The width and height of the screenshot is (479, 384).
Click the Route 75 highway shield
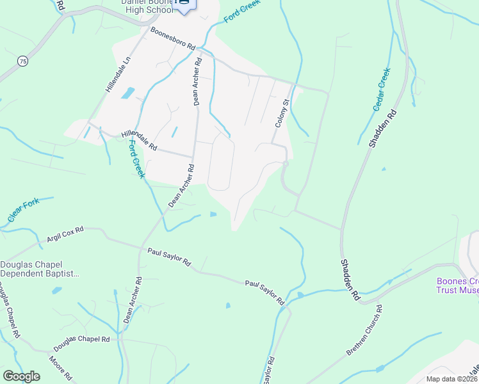[x=23, y=61]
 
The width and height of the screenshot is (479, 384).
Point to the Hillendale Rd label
[x=139, y=141]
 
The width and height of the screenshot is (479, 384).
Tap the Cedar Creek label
[x=382, y=90]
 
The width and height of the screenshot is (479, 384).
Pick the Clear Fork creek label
[x=24, y=211]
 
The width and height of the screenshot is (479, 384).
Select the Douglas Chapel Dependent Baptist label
[x=40, y=269]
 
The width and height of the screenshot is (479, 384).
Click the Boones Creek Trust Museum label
[x=457, y=285]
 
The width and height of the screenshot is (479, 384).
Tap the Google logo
[x=21, y=376]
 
